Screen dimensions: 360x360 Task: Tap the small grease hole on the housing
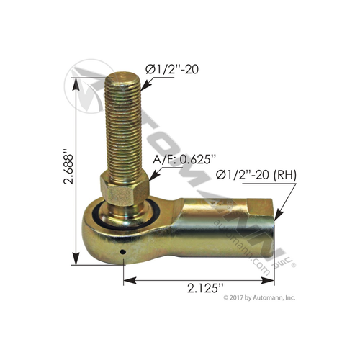click(x=123, y=251)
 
